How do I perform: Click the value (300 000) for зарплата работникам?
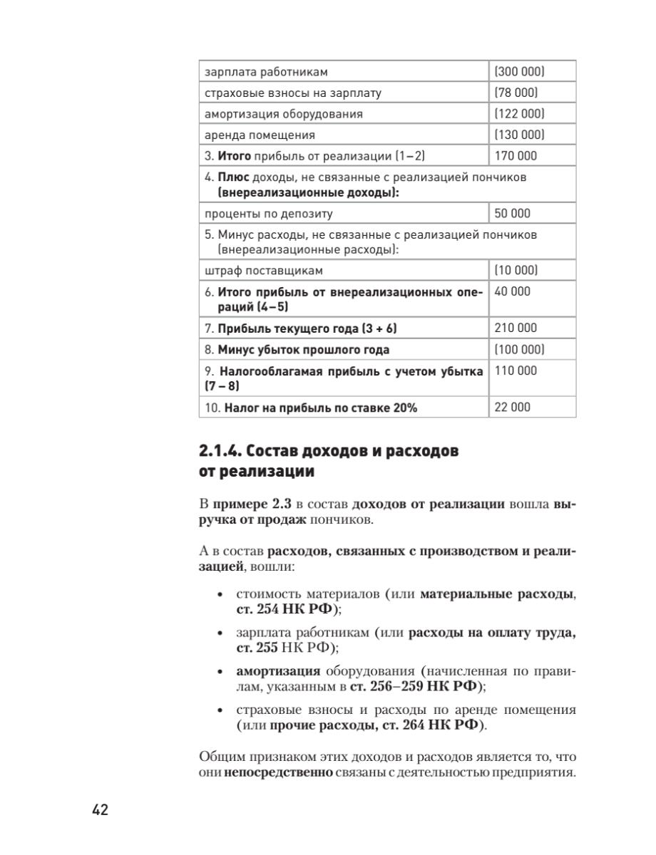[x=518, y=72]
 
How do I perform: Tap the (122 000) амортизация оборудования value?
[x=518, y=113]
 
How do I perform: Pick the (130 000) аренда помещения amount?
[x=518, y=134]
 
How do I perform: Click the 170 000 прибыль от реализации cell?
[x=516, y=155]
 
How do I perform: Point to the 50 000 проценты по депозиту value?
[x=512, y=213]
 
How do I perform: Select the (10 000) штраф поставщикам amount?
[x=515, y=271]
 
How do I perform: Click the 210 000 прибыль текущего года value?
[x=516, y=328]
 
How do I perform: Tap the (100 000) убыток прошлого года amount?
[x=518, y=350]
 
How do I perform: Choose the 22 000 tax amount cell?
[x=512, y=408]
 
